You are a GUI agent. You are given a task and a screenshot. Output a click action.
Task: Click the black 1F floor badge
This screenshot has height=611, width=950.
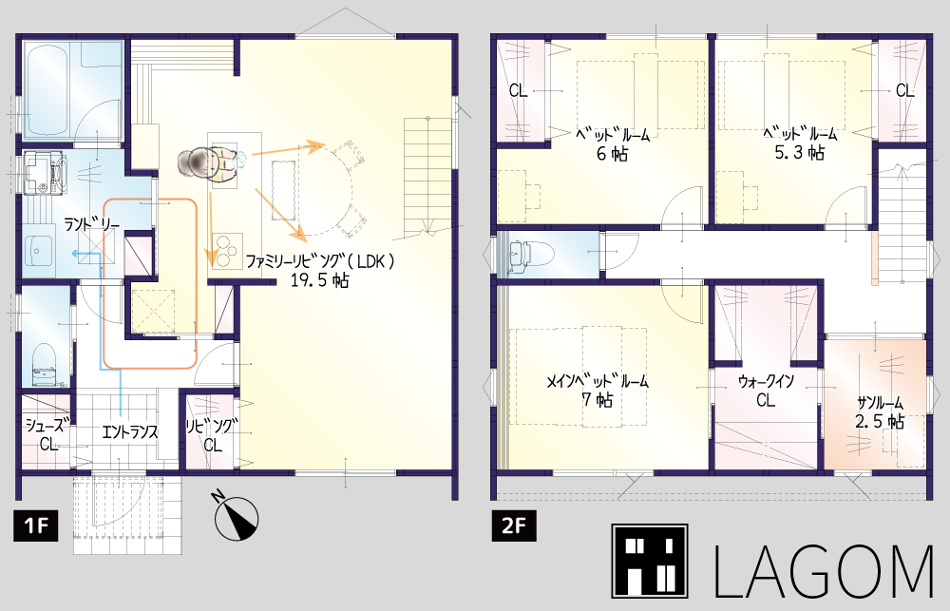[x=36, y=525]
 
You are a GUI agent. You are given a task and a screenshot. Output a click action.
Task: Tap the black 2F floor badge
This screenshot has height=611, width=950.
[x=513, y=525]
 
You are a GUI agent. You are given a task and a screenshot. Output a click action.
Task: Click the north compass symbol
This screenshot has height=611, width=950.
[x=236, y=517]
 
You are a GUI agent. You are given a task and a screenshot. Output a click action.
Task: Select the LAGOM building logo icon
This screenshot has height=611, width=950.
[x=649, y=562]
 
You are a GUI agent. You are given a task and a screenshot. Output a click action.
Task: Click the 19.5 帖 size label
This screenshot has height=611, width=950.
[x=319, y=280]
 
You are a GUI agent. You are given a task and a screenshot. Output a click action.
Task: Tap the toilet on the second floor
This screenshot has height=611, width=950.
[x=522, y=254]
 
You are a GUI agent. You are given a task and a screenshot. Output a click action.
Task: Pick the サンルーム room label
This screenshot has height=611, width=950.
[x=880, y=403]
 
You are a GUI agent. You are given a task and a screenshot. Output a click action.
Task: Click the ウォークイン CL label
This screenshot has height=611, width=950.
[x=766, y=391]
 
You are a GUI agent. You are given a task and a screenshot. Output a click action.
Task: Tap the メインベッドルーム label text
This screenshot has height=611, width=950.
[x=598, y=381]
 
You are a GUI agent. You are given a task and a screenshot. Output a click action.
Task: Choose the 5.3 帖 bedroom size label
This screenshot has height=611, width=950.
[x=800, y=153]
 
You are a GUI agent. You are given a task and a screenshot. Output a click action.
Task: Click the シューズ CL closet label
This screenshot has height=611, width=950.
[x=48, y=434]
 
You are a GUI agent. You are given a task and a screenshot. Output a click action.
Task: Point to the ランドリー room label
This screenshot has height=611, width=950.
[x=91, y=225]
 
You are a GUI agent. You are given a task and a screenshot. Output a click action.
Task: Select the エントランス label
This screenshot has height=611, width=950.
[x=129, y=431]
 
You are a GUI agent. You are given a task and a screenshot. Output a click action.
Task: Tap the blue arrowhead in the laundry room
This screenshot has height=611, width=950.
[x=74, y=255]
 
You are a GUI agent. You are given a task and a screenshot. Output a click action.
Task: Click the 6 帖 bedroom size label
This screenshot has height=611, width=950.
[x=612, y=153]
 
